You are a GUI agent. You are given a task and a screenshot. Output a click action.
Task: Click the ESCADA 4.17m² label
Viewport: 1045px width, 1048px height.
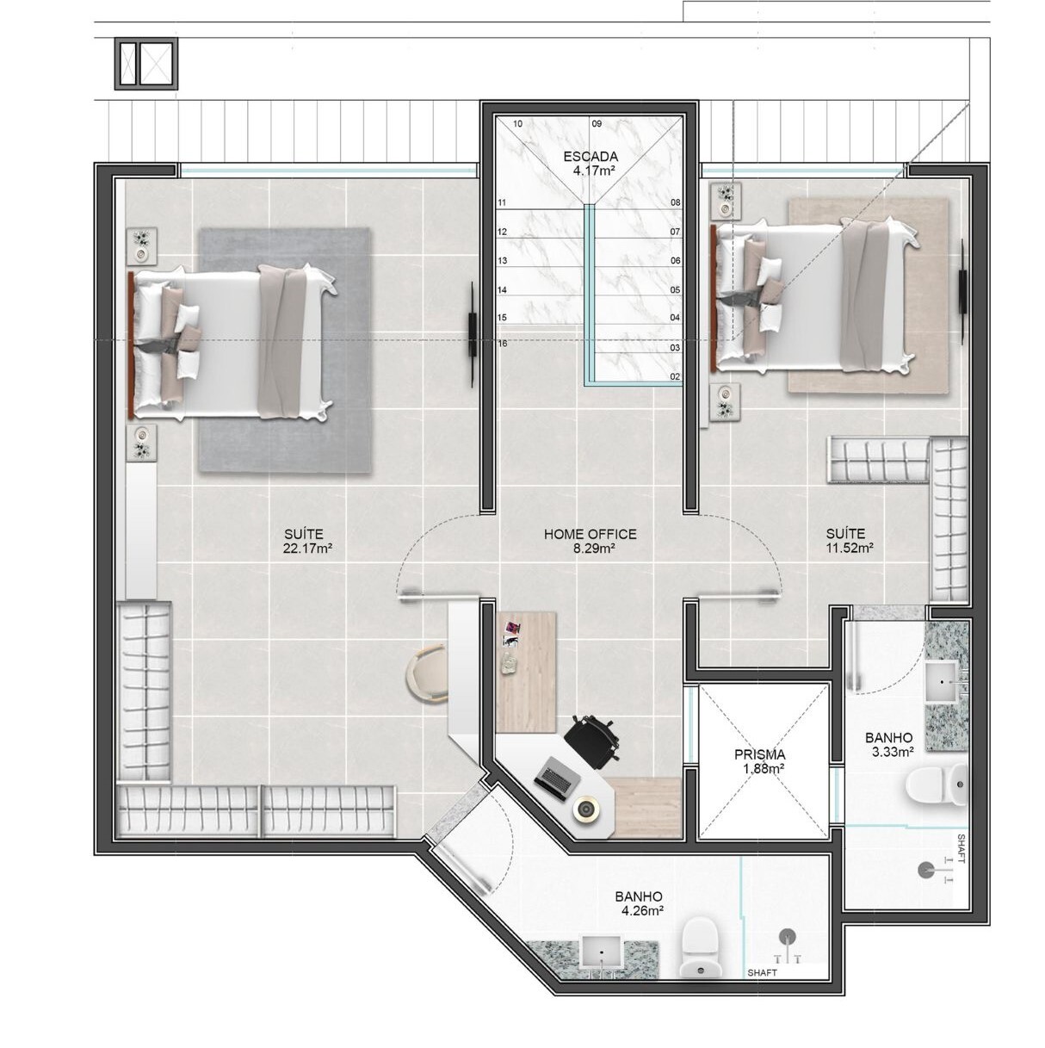coord(591,164)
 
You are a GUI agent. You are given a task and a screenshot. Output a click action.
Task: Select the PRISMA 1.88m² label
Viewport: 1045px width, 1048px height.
coord(759,761)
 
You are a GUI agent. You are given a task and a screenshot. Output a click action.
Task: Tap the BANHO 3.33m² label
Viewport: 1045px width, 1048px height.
coord(889,745)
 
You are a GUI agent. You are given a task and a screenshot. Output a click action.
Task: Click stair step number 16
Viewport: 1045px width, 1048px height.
coord(503,344)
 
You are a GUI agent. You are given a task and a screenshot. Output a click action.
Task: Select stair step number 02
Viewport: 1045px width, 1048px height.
coord(675,376)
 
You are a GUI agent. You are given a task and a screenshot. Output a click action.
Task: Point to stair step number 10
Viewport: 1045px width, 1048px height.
coord(517,124)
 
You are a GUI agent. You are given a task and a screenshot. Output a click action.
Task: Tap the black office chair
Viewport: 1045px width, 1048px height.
coord(592,739)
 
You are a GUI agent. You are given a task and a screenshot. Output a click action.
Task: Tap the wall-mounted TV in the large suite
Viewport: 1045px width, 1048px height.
coord(473,334)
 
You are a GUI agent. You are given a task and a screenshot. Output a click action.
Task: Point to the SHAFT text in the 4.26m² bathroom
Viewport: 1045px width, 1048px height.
coord(763,972)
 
